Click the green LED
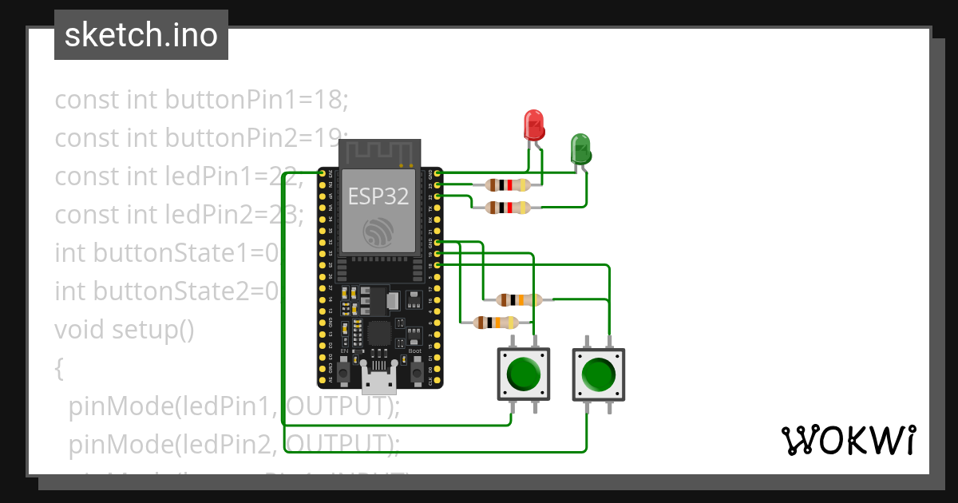point(580,149)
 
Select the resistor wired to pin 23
point(508,185)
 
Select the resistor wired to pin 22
point(508,208)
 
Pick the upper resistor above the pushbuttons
point(519,300)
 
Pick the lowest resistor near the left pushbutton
point(496,323)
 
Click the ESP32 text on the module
point(379,196)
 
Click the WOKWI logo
point(847,440)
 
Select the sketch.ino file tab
point(141,35)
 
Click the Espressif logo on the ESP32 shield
point(379,232)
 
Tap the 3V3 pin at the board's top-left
point(322,172)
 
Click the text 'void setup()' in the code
point(125,329)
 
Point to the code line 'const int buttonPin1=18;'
point(202,100)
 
